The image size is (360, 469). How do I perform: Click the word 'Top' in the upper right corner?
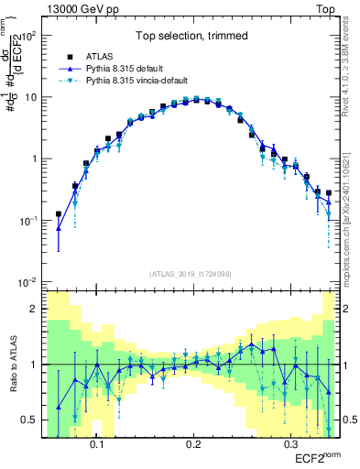[x=327, y=7]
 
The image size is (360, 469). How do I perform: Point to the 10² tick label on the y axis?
[x=28, y=36]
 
